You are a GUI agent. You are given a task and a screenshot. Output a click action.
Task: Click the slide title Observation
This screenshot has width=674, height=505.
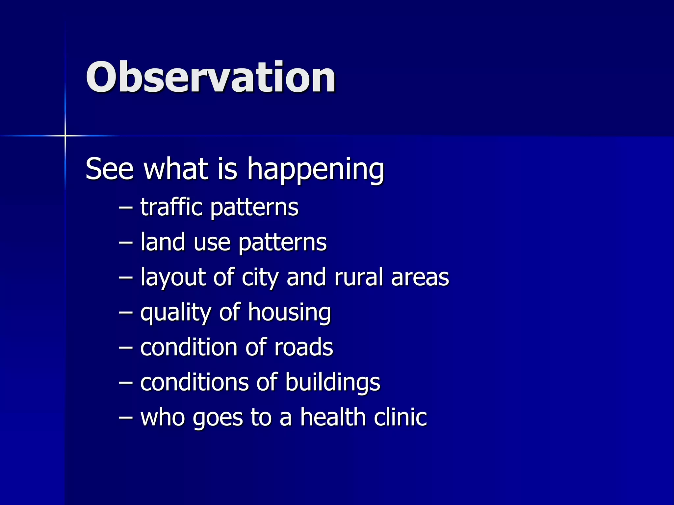211,78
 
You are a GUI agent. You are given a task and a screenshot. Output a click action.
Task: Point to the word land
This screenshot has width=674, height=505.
163,242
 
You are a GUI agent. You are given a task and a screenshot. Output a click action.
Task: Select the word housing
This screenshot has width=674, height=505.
289,313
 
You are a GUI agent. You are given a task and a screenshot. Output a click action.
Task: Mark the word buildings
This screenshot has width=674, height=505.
332,383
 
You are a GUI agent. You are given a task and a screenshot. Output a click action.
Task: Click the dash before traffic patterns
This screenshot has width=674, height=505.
126,208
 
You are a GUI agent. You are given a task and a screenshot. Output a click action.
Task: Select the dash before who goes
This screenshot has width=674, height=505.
126,418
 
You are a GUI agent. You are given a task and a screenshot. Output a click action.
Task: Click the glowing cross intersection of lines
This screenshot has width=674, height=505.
65,135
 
